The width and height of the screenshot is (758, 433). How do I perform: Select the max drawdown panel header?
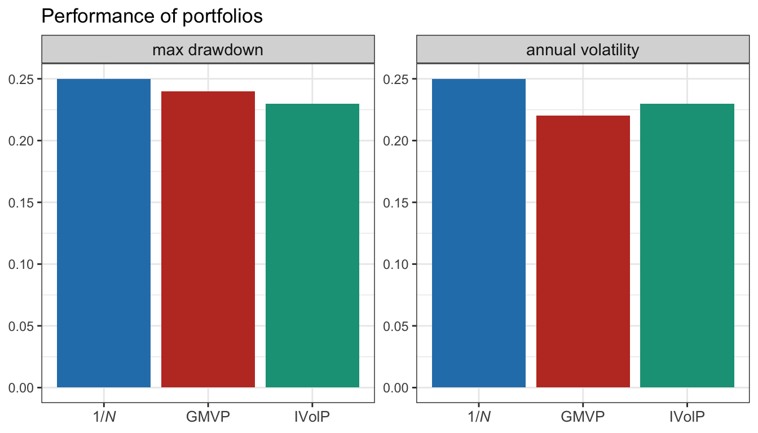click(x=208, y=50)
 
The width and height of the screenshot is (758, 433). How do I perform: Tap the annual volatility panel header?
click(x=583, y=50)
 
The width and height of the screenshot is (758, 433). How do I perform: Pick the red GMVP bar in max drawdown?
click(x=208, y=239)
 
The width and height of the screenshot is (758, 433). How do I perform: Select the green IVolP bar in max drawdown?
click(x=312, y=245)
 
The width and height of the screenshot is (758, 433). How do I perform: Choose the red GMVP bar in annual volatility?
click(x=583, y=251)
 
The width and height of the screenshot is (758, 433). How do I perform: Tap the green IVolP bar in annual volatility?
click(x=687, y=245)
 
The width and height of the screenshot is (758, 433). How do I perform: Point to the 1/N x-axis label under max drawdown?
click(x=104, y=417)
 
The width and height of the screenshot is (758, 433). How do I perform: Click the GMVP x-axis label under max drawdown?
click(x=208, y=417)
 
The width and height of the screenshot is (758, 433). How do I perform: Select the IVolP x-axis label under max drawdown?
click(x=312, y=417)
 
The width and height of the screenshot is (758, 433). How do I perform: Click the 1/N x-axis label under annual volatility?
click(x=479, y=417)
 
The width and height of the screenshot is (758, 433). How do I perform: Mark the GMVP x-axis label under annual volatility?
click(x=583, y=417)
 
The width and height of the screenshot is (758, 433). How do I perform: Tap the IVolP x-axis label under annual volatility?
click(x=687, y=417)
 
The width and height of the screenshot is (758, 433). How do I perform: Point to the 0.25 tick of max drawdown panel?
click(x=21, y=79)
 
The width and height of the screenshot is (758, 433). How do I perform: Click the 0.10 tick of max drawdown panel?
click(x=21, y=264)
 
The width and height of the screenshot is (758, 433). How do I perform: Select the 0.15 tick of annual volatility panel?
click(x=396, y=202)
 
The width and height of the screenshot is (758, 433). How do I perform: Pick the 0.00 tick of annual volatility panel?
click(x=396, y=388)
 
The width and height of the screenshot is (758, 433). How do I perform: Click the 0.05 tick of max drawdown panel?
click(x=21, y=326)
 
